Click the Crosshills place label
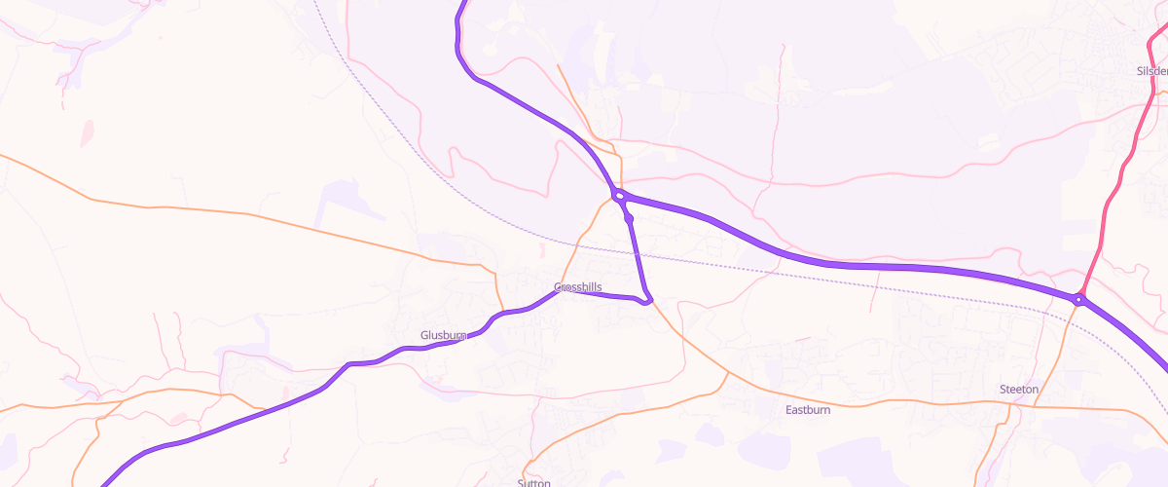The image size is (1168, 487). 578,287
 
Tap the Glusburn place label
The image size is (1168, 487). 444,335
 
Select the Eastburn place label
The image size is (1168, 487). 808,410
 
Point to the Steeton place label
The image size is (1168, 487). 1019,390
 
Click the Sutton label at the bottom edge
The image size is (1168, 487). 534,482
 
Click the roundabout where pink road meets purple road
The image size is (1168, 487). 1079,299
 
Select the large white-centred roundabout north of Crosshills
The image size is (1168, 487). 619,196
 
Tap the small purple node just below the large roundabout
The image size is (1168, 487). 630,219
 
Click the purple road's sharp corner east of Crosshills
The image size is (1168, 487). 647,299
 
